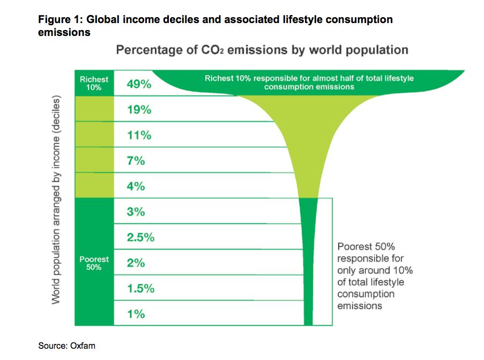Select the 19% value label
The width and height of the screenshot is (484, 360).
pyautogui.click(x=139, y=109)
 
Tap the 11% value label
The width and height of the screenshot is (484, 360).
pyautogui.click(x=139, y=135)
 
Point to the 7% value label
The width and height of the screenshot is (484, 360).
pyautogui.click(x=136, y=160)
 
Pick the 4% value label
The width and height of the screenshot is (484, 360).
pyautogui.click(x=136, y=186)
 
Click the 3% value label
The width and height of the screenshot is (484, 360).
pyautogui.click(x=136, y=212)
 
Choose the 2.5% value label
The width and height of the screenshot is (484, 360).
pyautogui.click(x=140, y=237)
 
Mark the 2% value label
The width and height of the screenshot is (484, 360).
pyautogui.click(x=136, y=263)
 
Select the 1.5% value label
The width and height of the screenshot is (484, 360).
pyautogui.click(x=140, y=288)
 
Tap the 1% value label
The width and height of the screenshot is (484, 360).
pyautogui.click(x=136, y=314)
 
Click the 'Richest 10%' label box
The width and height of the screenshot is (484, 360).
pyautogui.click(x=94, y=83)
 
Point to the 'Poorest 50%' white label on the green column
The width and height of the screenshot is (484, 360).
pyautogui.click(x=94, y=263)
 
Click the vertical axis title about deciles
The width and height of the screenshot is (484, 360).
pyautogui.click(x=56, y=201)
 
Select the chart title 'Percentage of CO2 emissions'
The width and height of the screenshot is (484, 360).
pyautogui.click(x=262, y=50)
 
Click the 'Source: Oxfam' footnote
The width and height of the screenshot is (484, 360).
pyautogui.click(x=66, y=346)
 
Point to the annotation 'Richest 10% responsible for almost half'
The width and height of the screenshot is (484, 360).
pyautogui.click(x=309, y=82)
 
